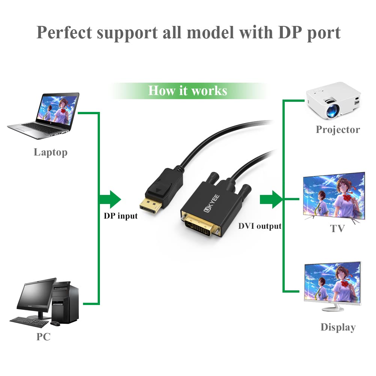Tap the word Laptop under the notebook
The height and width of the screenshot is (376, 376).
click(51, 152)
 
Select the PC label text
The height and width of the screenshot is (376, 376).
click(43, 337)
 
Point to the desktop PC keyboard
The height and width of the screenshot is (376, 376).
click(29, 321)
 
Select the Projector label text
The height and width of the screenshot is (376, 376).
click(338, 130)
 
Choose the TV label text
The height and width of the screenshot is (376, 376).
click(337, 228)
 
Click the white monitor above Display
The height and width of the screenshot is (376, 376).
click(333, 284)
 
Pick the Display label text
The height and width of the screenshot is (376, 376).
click(338, 327)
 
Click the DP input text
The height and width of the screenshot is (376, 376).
click(121, 216)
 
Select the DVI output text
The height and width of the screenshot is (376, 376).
click(260, 226)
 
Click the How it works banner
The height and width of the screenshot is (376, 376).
click(187, 91)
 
